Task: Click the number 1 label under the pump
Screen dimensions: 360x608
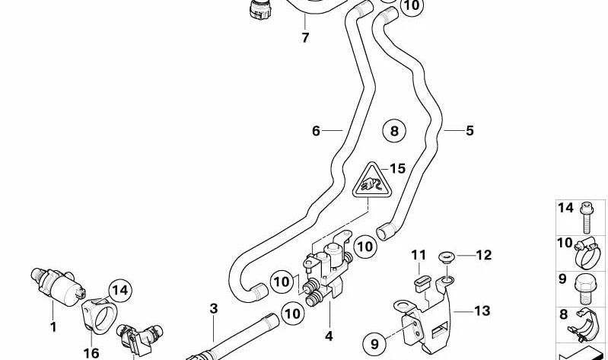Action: coord(53,327)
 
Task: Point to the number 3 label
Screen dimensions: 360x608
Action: coord(214,308)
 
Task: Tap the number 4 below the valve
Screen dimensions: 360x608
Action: coord(329,335)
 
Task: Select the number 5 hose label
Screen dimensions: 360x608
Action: coord(470,131)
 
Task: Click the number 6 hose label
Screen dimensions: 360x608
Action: coord(317,131)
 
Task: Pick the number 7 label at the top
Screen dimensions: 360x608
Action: coord(305,37)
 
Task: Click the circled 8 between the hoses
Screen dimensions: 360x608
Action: coord(394,132)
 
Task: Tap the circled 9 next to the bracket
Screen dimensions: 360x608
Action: coord(375,344)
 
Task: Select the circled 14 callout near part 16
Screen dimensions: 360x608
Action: coord(119,289)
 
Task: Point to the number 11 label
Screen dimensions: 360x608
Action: coord(418,254)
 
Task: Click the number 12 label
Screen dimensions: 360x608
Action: coord(485,254)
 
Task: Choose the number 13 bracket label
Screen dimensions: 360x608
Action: coord(482,311)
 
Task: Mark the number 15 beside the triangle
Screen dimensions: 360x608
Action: coord(398,168)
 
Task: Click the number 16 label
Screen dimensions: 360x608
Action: coord(91,352)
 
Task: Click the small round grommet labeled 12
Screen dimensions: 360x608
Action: coord(447,257)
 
